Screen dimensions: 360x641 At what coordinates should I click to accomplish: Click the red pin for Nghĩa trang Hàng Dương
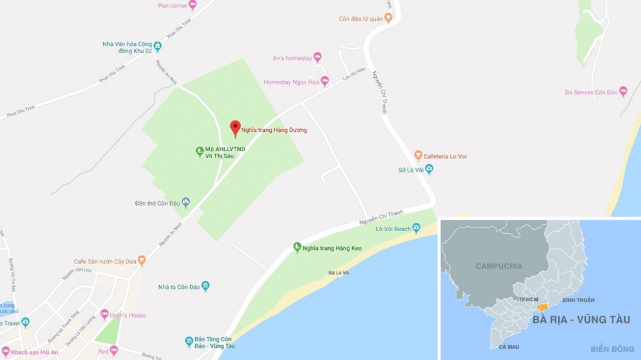pyautogui.click(x=235, y=128)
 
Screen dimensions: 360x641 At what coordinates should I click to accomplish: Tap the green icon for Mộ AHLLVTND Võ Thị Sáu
pyautogui.click(x=199, y=152)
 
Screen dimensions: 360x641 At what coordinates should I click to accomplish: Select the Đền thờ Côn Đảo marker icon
pyautogui.click(x=186, y=202)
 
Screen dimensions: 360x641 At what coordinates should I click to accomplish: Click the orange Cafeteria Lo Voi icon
pyautogui.click(x=418, y=155)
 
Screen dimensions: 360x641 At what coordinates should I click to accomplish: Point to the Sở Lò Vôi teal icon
pyautogui.click(x=429, y=170)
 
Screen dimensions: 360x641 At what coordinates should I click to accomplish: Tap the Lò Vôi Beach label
pyautogui.click(x=393, y=229)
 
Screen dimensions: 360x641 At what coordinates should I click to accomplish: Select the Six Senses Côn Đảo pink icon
pyautogui.click(x=622, y=92)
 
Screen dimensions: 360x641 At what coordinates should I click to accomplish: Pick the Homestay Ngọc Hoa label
pyautogui.click(x=291, y=82)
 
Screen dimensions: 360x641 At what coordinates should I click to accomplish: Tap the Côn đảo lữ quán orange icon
pyautogui.click(x=388, y=19)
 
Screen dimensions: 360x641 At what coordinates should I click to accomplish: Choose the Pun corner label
pyautogui.click(x=172, y=6)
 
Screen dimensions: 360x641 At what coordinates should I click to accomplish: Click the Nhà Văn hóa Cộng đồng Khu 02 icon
pyautogui.click(x=157, y=45)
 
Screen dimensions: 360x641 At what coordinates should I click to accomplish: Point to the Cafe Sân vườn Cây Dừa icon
pyautogui.click(x=142, y=260)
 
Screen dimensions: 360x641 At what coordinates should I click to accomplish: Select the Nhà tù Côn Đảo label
pyautogui.click(x=178, y=286)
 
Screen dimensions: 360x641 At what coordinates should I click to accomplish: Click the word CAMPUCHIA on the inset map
pyautogui.click(x=499, y=266)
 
